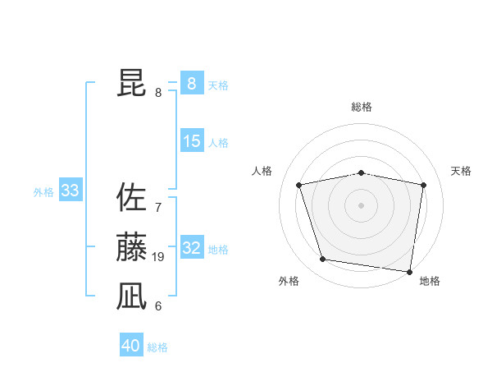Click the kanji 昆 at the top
[131, 83]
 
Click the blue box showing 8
[191, 84]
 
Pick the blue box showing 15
[191, 141]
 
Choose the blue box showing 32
[191, 248]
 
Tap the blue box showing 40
[130, 346]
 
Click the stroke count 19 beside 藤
[158, 257]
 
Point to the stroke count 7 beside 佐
[158, 208]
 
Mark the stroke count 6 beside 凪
[158, 306]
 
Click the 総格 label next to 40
[157, 347]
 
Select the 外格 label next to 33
[43, 192]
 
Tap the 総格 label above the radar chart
[362, 107]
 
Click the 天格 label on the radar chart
[461, 171]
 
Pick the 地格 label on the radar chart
[430, 281]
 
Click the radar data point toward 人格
[299, 185]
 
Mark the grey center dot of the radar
[362, 205]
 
